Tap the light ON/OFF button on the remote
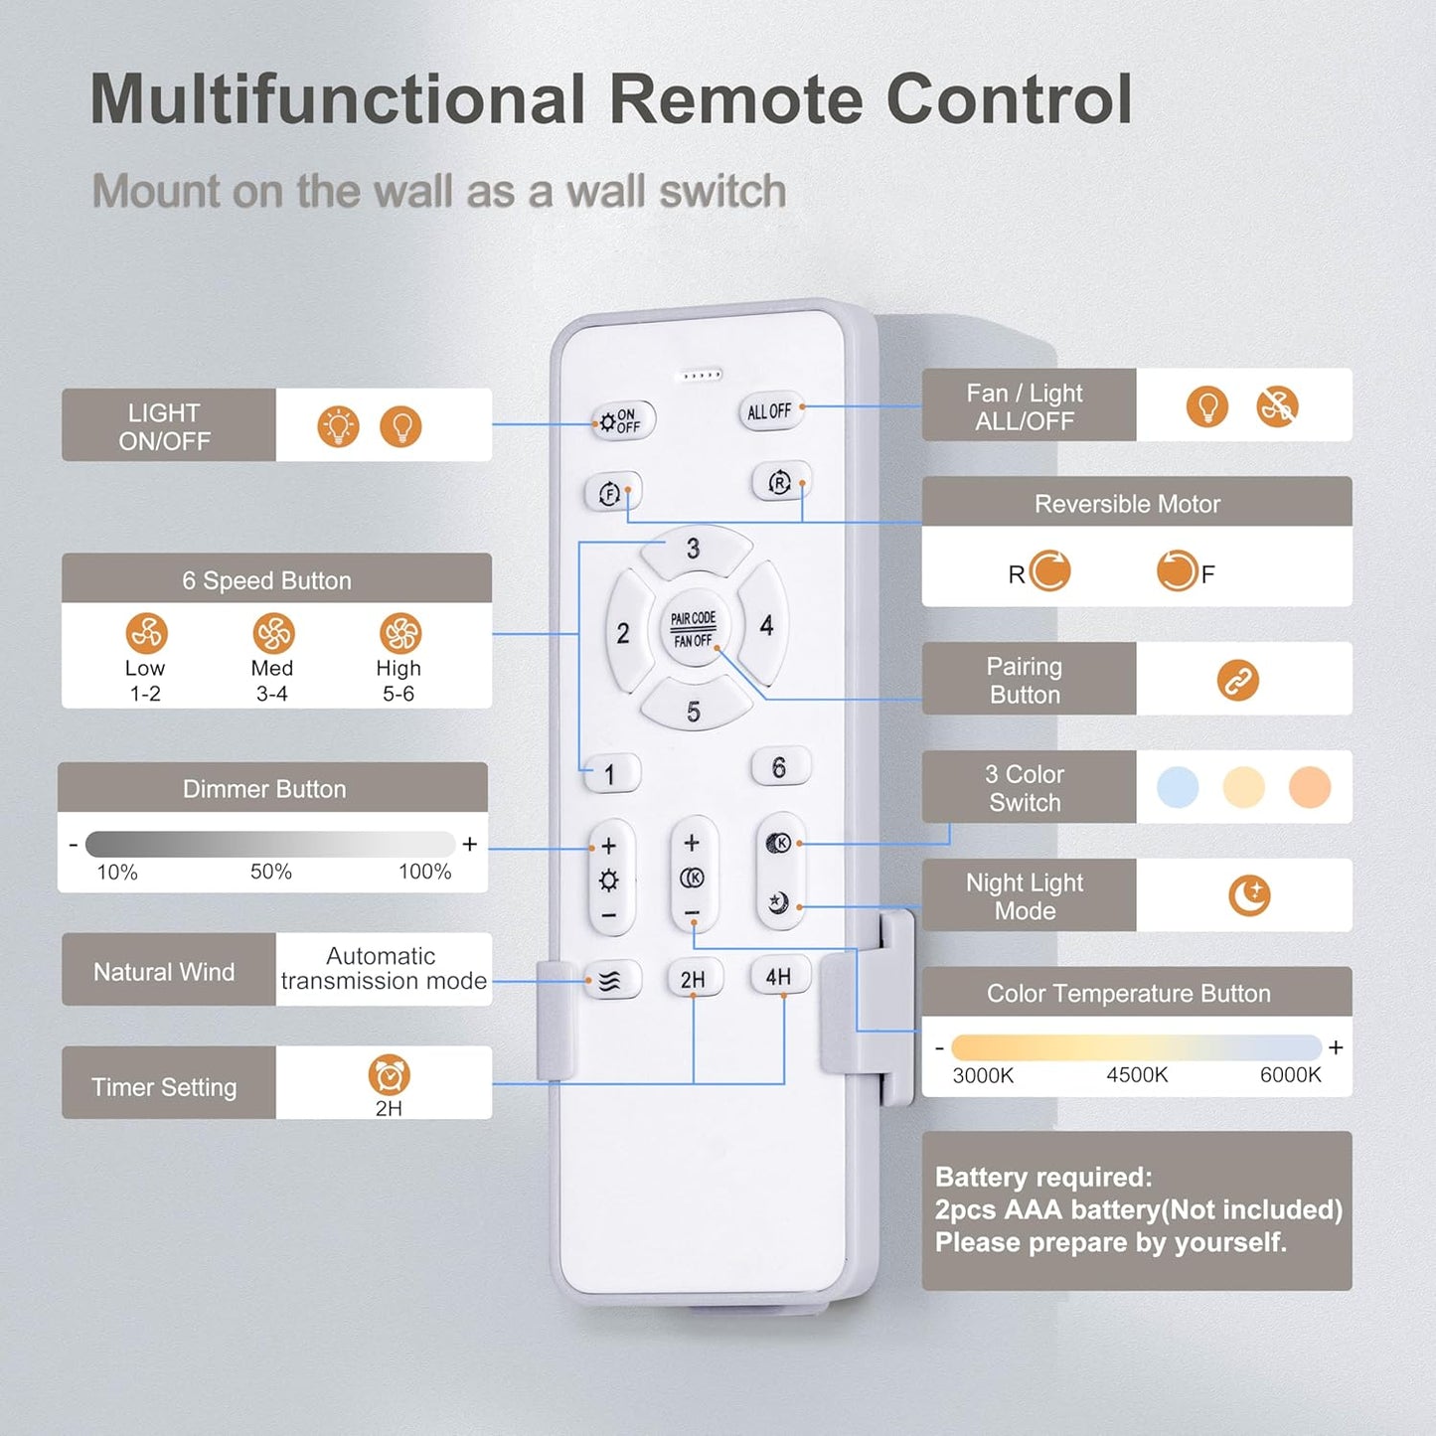coord(621,422)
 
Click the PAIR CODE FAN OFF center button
coord(694,629)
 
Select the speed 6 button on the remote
coord(779,767)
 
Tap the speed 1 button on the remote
coord(609,774)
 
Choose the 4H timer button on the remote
coord(779,977)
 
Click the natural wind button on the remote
coord(609,982)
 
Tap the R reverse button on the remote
coord(780,484)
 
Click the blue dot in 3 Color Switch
coord(1178,787)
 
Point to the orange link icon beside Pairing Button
coord(1237,680)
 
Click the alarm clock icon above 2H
coord(389,1074)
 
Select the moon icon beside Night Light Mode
coord(1249,894)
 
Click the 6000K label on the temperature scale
coord(1290,1075)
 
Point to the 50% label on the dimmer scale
coord(270,872)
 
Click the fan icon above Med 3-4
coord(273,633)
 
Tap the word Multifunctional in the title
coord(338,99)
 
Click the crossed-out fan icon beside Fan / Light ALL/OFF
coord(1277,406)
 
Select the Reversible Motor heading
coord(1127,504)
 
